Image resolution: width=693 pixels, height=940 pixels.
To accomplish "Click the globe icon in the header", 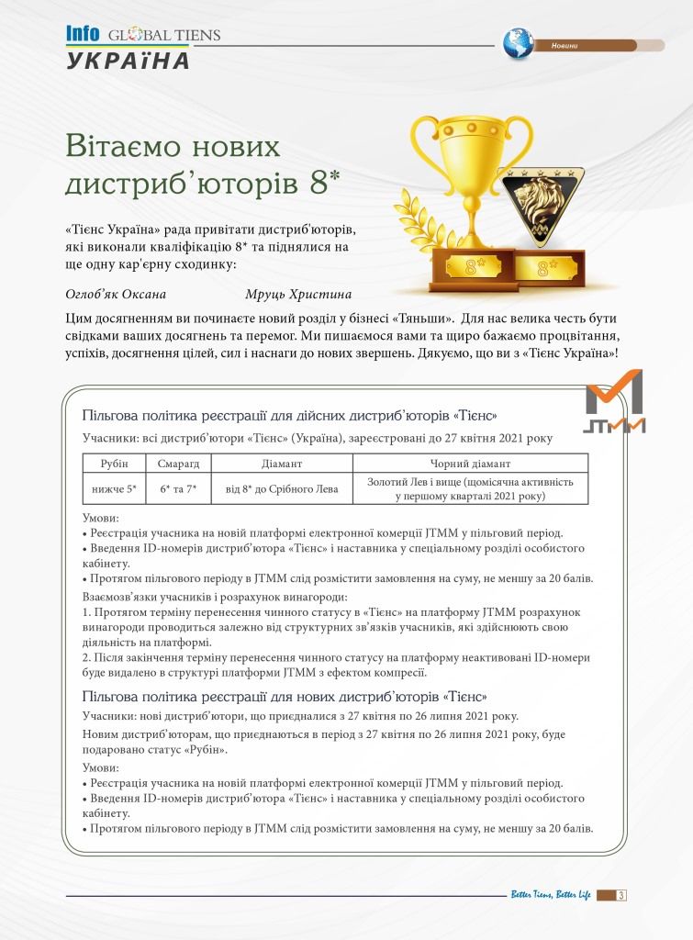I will click(518, 42).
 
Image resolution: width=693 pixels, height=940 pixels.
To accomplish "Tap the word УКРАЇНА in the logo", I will click(128, 62).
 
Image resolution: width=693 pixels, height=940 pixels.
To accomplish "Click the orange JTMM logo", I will click(615, 401).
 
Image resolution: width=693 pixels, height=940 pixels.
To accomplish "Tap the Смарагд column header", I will click(179, 464).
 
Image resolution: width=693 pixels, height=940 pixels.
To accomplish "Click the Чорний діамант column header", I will click(471, 464).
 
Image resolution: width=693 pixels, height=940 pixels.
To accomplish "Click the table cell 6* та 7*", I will click(179, 489).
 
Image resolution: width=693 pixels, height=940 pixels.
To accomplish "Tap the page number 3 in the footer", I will click(622, 895).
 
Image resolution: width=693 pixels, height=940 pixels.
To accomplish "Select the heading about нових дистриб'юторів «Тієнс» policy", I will click(285, 696).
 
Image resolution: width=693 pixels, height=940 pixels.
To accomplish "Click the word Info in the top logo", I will click(83, 34).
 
